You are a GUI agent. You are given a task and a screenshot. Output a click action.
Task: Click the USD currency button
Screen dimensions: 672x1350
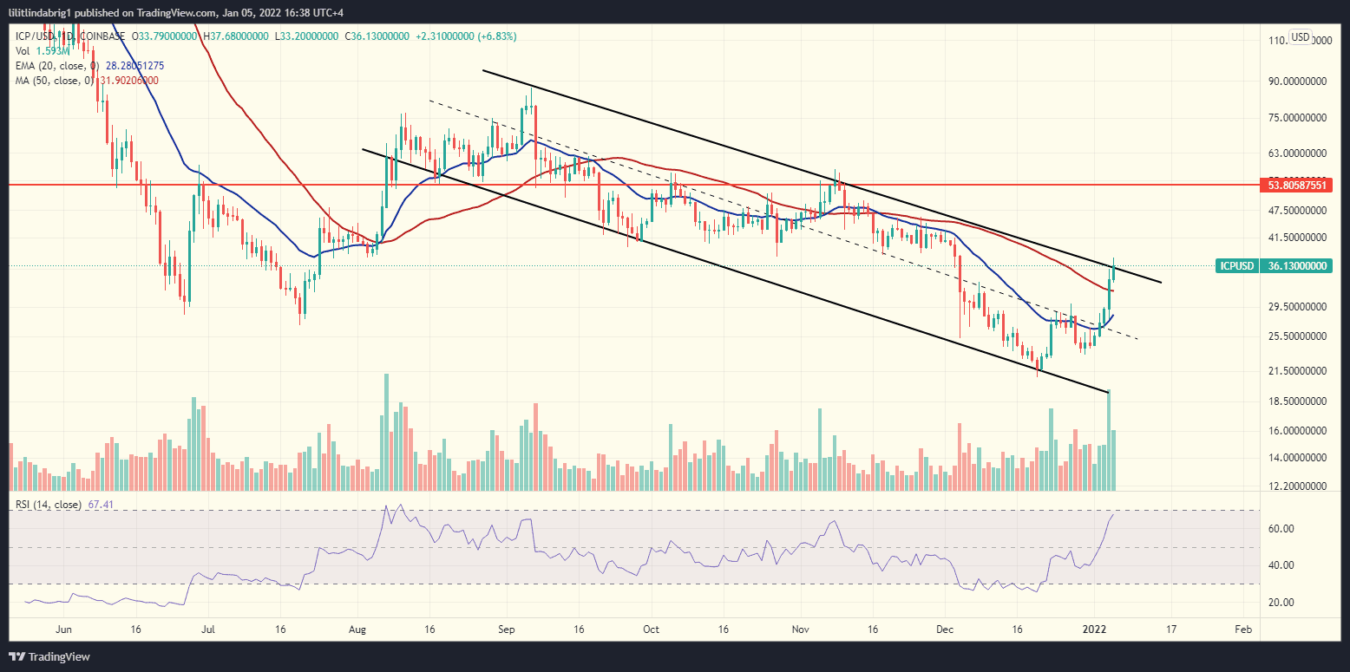click(x=1300, y=36)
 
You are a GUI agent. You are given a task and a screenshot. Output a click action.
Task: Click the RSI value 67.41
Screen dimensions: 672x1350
click(x=100, y=505)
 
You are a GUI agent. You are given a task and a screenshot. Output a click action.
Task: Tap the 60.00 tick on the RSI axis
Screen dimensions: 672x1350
click(x=1281, y=528)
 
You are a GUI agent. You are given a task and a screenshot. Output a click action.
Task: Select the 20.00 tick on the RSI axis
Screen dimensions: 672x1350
click(x=1281, y=602)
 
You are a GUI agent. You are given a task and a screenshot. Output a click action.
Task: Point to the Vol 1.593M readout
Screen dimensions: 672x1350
click(x=40, y=51)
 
